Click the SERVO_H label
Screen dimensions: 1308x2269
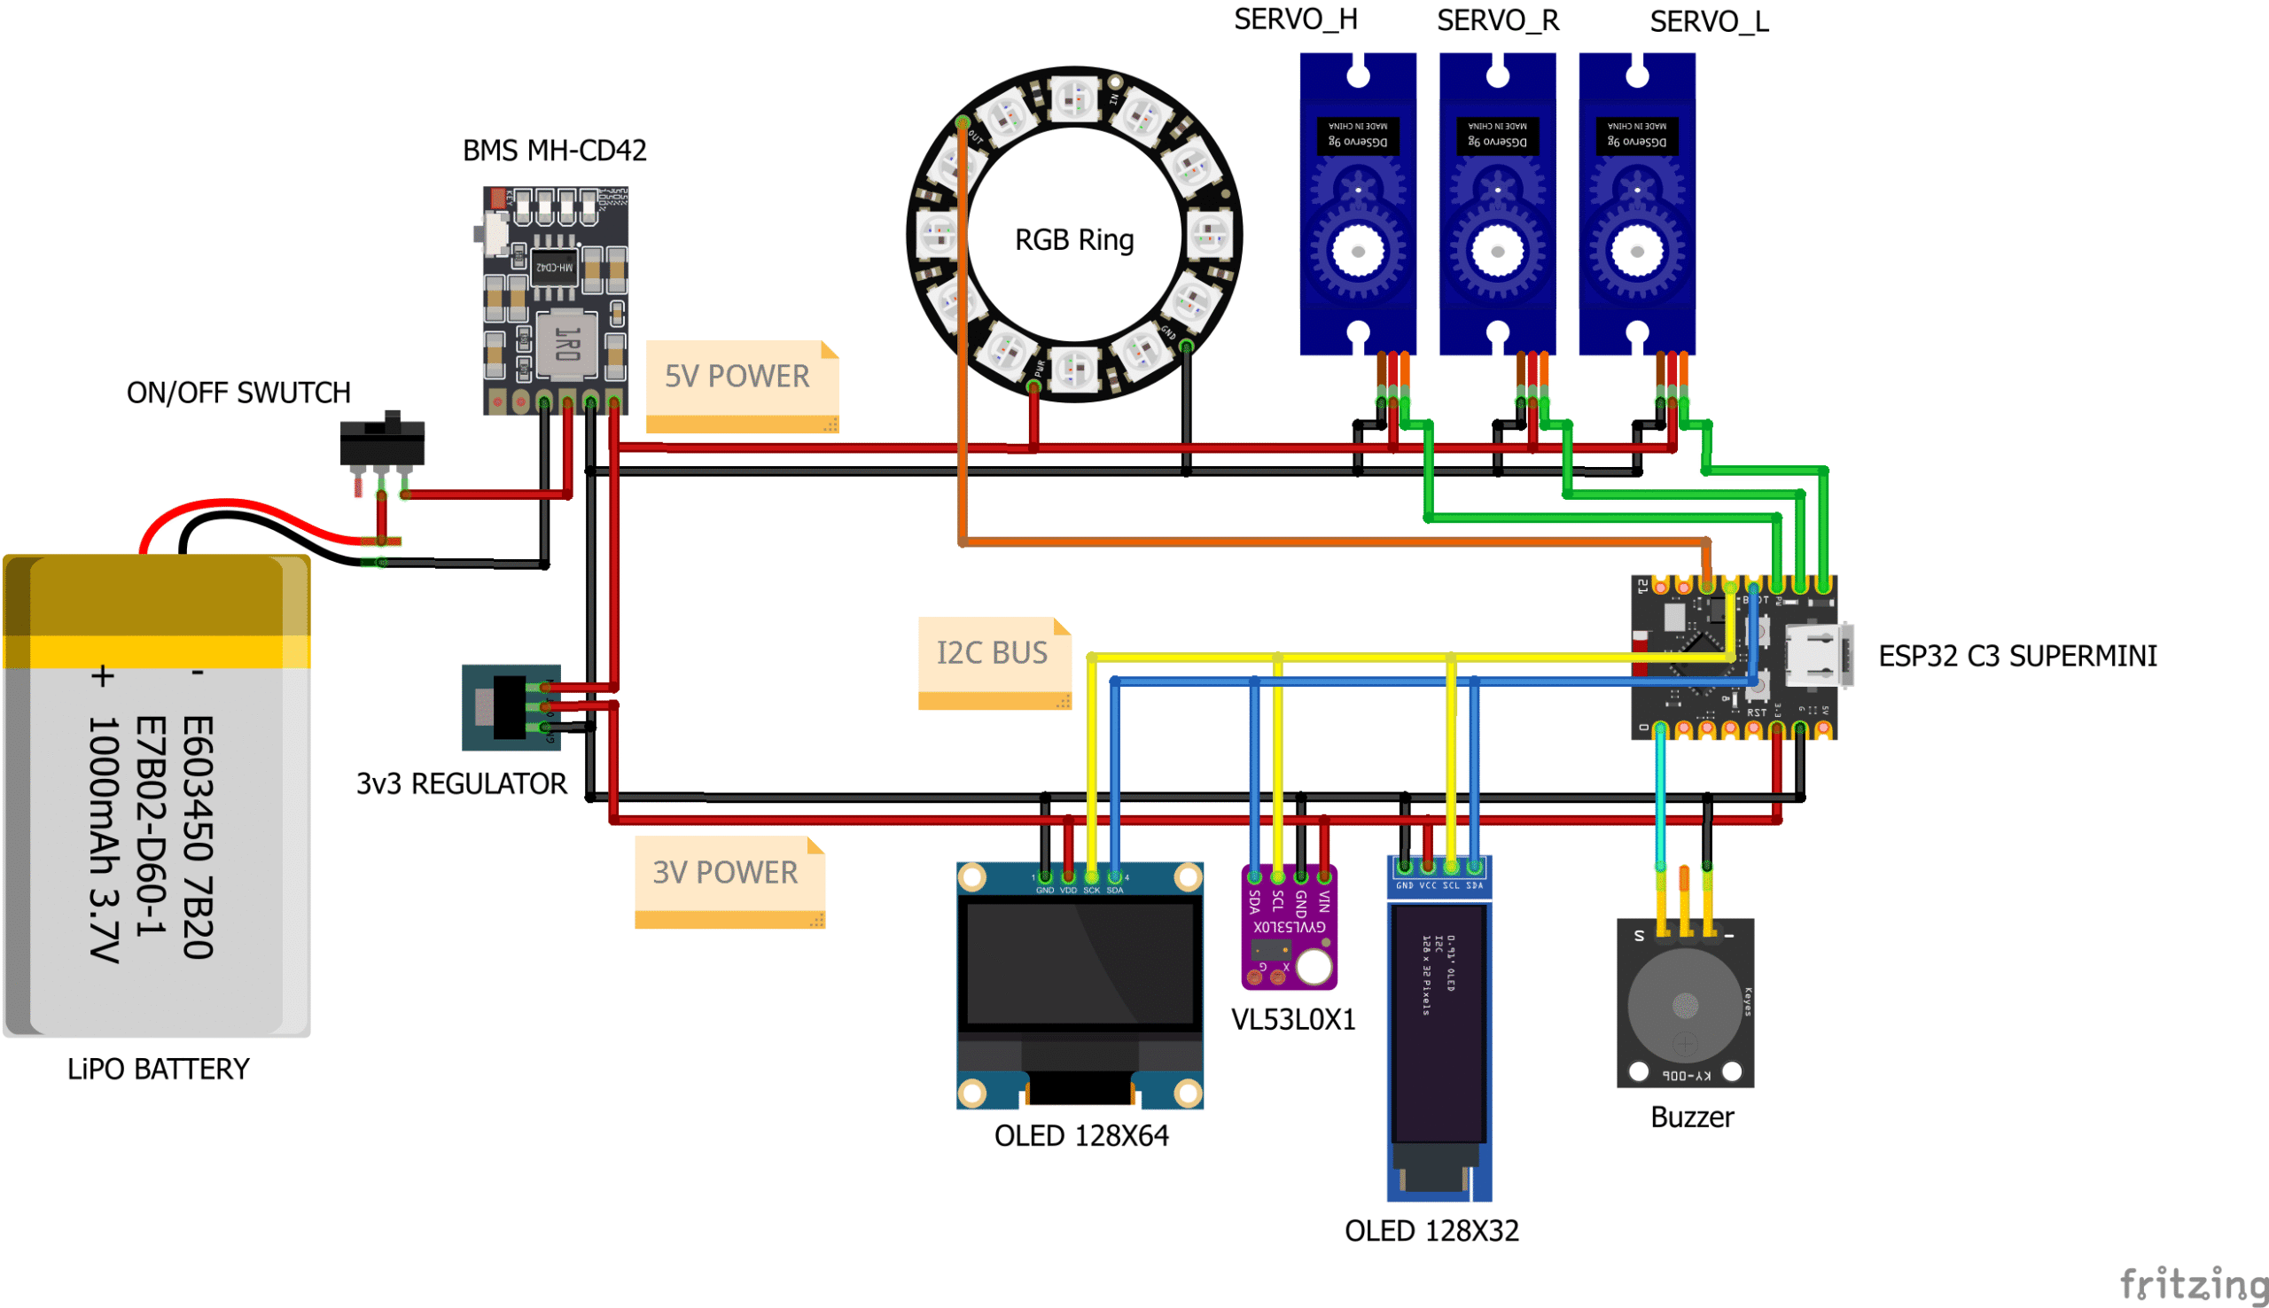1294,19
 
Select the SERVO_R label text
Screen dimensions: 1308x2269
1497,20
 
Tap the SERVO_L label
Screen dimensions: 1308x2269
1709,21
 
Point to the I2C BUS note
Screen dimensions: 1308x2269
993,653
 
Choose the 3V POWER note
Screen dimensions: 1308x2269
727,873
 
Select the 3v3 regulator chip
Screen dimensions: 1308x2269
510,708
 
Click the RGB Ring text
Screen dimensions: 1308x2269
1073,240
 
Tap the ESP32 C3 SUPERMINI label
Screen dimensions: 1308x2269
2016,656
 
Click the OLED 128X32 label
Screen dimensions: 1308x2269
1431,1231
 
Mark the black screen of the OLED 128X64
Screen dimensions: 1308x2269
1080,964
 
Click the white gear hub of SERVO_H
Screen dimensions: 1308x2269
1357,252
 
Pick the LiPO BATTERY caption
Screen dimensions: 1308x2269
158,1069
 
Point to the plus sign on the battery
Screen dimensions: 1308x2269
103,675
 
